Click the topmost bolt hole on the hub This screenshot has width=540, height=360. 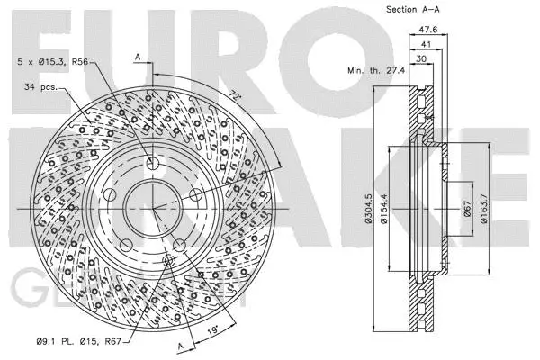153,163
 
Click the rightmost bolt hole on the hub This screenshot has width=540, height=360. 195,194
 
